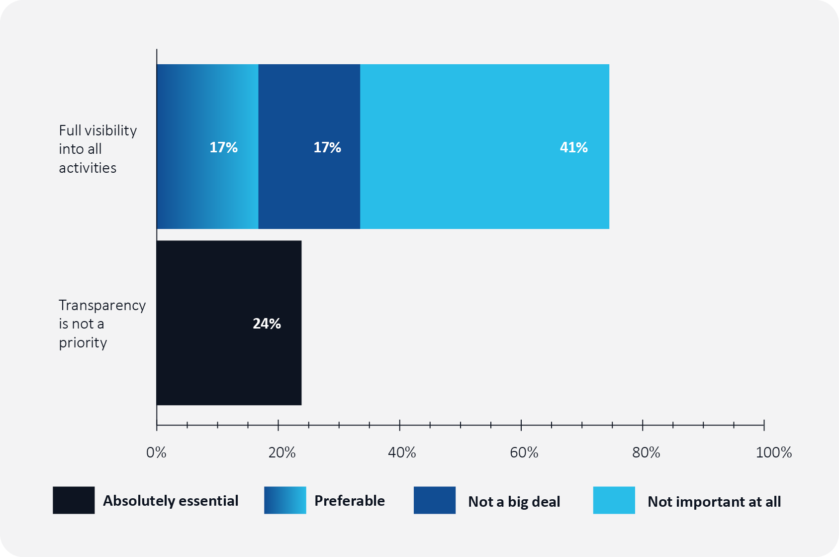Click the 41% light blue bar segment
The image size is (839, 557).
pyautogui.click(x=485, y=146)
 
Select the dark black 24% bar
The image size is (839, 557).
pyautogui.click(x=229, y=323)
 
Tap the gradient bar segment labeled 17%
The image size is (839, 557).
pyautogui.click(x=207, y=146)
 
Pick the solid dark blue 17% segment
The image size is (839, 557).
pyautogui.click(x=309, y=146)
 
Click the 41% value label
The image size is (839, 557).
pyautogui.click(x=573, y=147)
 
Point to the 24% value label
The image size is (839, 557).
pyautogui.click(x=267, y=324)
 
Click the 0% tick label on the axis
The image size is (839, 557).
pyautogui.click(x=156, y=452)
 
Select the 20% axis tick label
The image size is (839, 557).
pyautogui.click(x=281, y=452)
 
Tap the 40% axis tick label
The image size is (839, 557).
pyautogui.click(x=402, y=452)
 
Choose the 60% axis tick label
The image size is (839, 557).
pyautogui.click(x=524, y=452)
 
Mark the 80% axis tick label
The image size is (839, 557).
pyautogui.click(x=646, y=452)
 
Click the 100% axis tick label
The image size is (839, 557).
pyautogui.click(x=774, y=452)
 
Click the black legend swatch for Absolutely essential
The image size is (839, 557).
pyautogui.click(x=74, y=500)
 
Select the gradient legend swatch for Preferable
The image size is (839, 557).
pyautogui.click(x=285, y=500)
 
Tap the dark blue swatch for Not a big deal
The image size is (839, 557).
pyautogui.click(x=435, y=500)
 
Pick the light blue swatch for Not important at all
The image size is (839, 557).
pyautogui.click(x=614, y=500)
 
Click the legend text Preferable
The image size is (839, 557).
pyautogui.click(x=350, y=501)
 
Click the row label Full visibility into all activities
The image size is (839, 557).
pyautogui.click(x=98, y=149)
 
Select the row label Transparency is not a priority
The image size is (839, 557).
pyautogui.click(x=102, y=324)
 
